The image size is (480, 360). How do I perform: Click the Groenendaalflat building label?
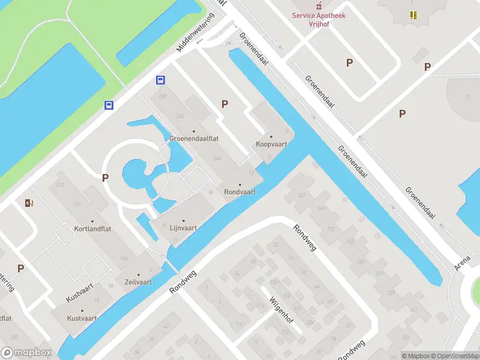click(193, 137)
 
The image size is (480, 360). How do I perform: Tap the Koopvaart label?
click(271, 144)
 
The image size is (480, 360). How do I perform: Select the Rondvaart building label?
click(239, 192)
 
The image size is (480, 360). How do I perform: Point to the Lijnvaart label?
click(183, 228)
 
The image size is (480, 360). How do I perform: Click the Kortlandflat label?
click(92, 229)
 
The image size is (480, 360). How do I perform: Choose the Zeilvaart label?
click(138, 281)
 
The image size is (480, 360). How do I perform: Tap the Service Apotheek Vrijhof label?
click(319, 20)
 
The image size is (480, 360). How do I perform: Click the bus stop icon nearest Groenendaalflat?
click(161, 80)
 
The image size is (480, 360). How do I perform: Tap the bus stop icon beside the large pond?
click(109, 105)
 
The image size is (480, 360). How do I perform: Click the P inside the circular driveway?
click(106, 178)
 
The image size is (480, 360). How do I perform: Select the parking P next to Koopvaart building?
click(225, 104)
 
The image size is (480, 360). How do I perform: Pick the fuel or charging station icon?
click(29, 203)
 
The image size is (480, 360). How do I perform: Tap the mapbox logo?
click(26, 352)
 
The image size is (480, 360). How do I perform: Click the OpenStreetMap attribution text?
click(457, 356)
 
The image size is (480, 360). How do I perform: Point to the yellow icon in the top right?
click(413, 14)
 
